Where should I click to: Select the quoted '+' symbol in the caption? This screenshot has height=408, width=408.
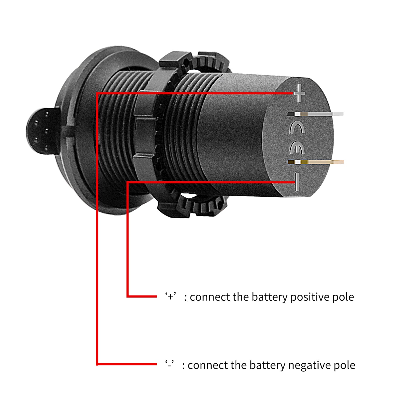coord(171,297)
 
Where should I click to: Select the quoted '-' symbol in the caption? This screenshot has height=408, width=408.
coord(170,364)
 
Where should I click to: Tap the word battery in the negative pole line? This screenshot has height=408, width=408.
coord(267,365)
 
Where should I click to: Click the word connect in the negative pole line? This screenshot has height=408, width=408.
coord(208,365)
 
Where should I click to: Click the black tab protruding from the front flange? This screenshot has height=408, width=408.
coord(41,131)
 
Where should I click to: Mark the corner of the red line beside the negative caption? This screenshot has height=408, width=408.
coord(97,364)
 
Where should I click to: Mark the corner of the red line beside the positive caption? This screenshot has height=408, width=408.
coord(128,296)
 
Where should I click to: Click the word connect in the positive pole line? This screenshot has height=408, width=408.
coord(210,297)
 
